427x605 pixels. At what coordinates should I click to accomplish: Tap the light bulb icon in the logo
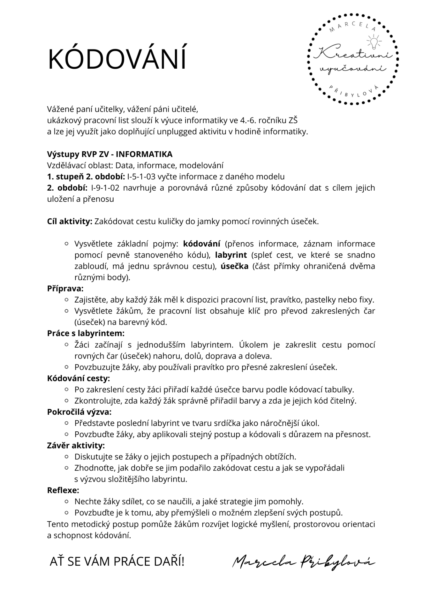pos(374,42)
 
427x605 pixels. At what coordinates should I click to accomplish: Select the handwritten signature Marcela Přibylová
pos(303,562)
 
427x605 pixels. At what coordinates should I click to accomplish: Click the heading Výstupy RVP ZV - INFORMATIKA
pos(110,154)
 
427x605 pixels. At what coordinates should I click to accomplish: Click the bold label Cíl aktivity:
pos(70,221)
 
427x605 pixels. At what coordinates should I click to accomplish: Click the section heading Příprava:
pos(65,288)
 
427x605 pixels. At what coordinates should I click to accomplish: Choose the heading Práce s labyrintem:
pos(86,333)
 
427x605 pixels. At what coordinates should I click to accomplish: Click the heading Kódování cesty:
pos(78,378)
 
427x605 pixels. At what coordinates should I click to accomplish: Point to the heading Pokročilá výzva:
pos(79,412)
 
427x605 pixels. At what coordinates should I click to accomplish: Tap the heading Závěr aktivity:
pos(76,445)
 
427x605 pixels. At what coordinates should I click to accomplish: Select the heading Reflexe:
pos(63,490)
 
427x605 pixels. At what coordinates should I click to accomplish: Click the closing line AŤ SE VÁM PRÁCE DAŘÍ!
pos(117,561)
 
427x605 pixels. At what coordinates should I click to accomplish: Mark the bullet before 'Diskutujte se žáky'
pos(66,457)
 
